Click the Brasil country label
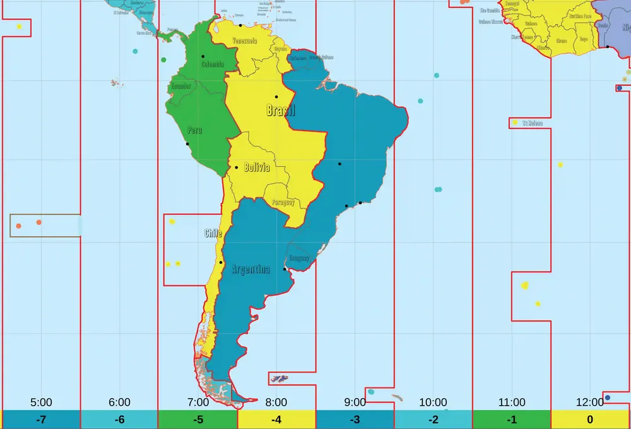(x=281, y=111)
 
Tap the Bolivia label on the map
(x=257, y=168)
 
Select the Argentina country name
(x=251, y=270)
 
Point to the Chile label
(x=213, y=234)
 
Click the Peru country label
(x=194, y=131)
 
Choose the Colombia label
(x=213, y=64)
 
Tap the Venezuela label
(x=245, y=41)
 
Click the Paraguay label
(x=283, y=203)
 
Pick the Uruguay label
(x=298, y=258)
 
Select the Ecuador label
(x=181, y=86)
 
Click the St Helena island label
(x=532, y=123)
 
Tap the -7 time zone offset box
(x=41, y=420)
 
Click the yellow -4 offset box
(x=276, y=420)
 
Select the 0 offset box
(x=590, y=420)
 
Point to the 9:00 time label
(x=355, y=402)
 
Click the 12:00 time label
(x=590, y=402)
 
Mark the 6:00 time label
(x=119, y=402)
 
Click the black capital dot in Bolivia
(x=236, y=167)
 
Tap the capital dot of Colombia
(x=203, y=57)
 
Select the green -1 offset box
(x=512, y=420)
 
